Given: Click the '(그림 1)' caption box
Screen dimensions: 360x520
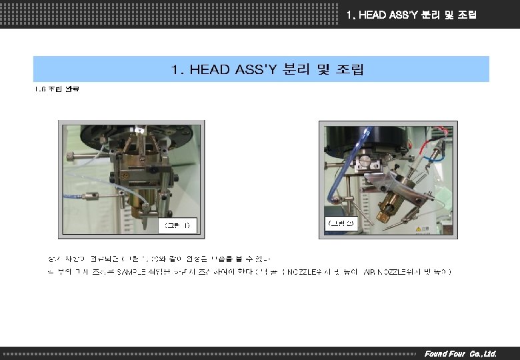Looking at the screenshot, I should coord(177,225).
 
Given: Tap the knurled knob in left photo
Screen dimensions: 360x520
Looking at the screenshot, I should coord(69,157).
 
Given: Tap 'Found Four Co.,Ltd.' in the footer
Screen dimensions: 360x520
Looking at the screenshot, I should coord(460,353).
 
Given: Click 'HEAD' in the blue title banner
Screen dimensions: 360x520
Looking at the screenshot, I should coord(212,69).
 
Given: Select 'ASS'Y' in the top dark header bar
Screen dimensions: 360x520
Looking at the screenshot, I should coord(400,15).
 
